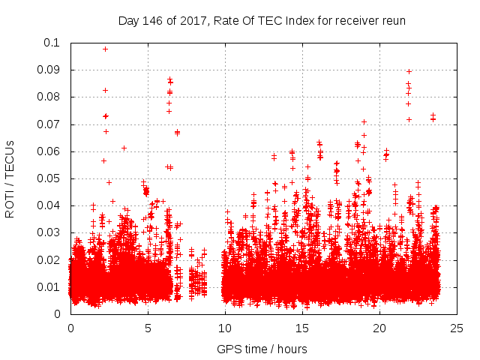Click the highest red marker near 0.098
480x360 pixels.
106,49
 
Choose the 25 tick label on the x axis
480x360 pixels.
457,328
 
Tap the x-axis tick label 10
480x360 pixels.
225,328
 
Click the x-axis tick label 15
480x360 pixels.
302,328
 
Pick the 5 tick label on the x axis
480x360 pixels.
148,328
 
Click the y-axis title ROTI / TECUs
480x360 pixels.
10,178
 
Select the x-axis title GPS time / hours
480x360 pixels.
262,349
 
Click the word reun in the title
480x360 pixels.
393,20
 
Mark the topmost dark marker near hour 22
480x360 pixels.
409,71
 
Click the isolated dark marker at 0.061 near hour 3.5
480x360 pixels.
124,148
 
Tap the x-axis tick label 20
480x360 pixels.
379,328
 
